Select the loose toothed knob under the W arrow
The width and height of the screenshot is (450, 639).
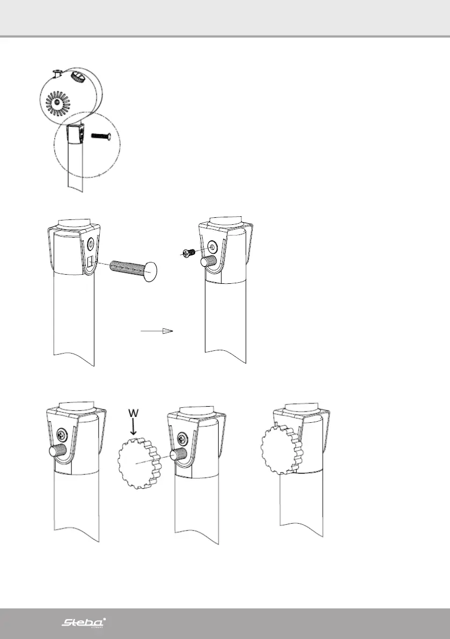coord(137,461)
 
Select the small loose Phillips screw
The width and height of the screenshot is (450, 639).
coord(188,253)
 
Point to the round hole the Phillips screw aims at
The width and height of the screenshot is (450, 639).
coord(213,247)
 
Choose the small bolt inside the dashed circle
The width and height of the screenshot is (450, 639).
coord(100,136)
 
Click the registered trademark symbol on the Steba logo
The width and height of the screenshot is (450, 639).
coord(104,619)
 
